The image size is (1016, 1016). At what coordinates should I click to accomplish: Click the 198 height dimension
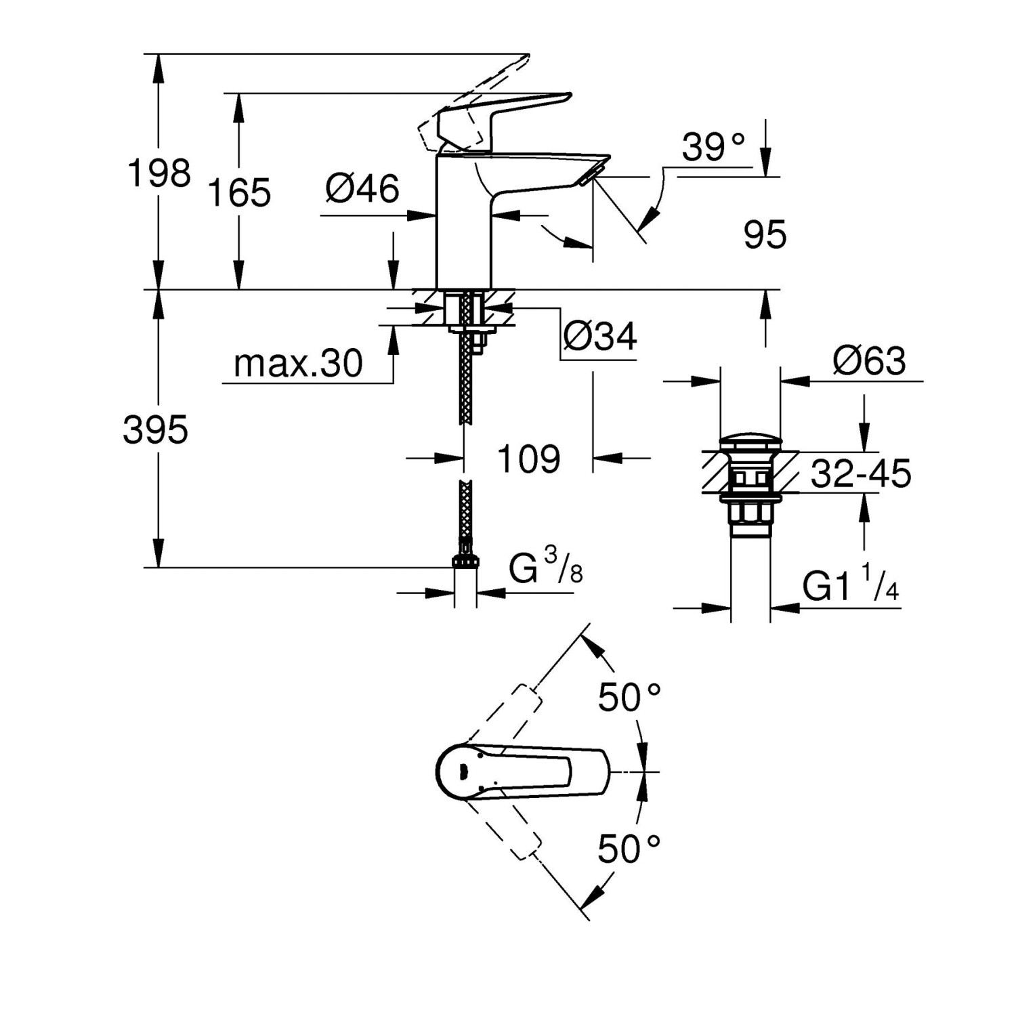(x=159, y=173)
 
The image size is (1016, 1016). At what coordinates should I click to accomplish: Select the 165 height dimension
(x=239, y=192)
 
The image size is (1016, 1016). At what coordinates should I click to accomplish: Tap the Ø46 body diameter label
(x=362, y=188)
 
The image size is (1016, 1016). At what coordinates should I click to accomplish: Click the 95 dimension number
(x=765, y=235)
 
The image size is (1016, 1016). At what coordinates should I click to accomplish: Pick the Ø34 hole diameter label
(x=600, y=337)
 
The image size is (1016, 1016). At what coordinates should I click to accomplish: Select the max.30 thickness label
(x=298, y=364)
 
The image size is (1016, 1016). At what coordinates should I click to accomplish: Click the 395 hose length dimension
(x=155, y=430)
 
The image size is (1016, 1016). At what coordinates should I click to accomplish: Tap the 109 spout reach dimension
(x=529, y=459)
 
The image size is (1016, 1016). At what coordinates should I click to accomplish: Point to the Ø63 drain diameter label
(x=869, y=362)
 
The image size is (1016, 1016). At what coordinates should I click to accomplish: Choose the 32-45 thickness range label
(x=861, y=474)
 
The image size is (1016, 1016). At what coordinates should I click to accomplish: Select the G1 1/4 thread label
(x=850, y=584)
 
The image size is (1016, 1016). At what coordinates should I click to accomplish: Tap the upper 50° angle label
(x=629, y=697)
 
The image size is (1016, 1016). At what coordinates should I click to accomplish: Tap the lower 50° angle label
(x=629, y=849)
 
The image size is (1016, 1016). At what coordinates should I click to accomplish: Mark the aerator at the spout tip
(x=587, y=177)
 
